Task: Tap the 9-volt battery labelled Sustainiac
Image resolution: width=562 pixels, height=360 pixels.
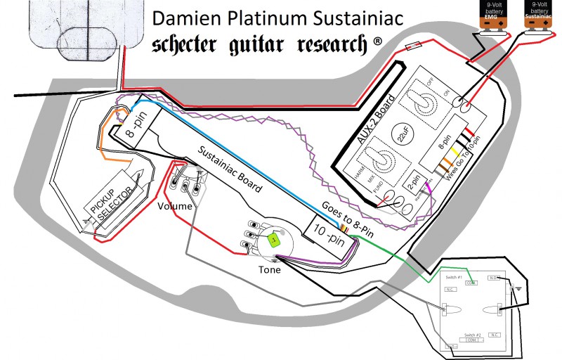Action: (x=542, y=14)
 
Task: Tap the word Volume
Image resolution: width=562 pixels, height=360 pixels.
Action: (x=175, y=207)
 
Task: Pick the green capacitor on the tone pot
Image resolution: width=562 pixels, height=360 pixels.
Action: (x=273, y=240)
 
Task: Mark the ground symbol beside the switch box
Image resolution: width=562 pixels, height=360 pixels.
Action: (x=518, y=288)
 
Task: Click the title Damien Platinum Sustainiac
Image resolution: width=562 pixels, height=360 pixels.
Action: (x=277, y=18)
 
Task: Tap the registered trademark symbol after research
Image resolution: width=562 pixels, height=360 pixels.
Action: (x=378, y=41)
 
